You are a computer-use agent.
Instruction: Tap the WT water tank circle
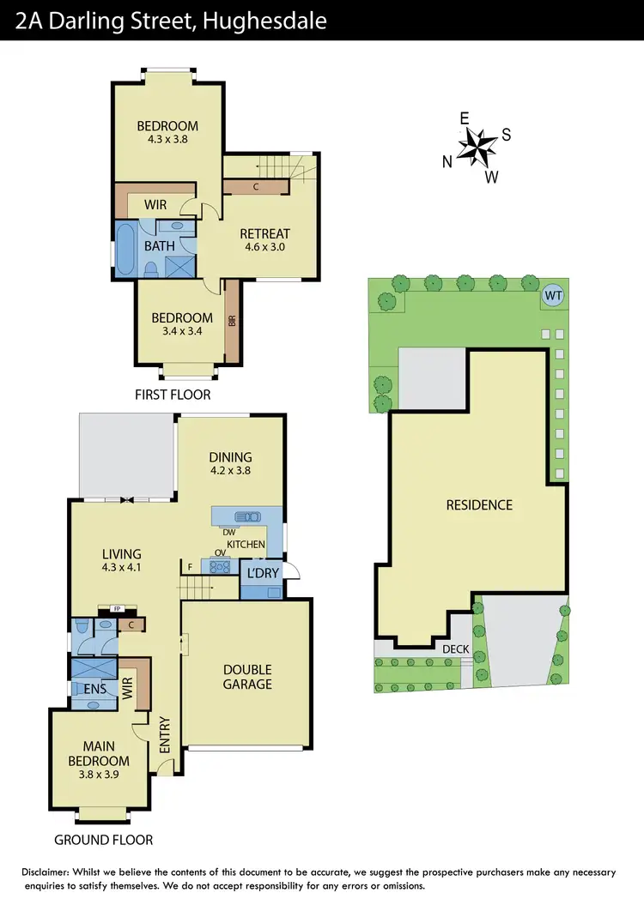pyautogui.click(x=552, y=297)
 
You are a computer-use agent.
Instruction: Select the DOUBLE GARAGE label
pyautogui.click(x=247, y=676)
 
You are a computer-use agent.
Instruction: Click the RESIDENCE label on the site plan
pyautogui.click(x=479, y=504)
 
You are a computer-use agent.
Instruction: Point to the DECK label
pyautogui.click(x=455, y=649)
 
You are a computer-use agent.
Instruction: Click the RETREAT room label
pyautogui.click(x=264, y=233)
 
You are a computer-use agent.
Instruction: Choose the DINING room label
pyautogui.click(x=230, y=457)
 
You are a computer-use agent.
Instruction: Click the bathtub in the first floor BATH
pyautogui.click(x=126, y=249)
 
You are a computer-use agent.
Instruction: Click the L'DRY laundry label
pyautogui.click(x=263, y=572)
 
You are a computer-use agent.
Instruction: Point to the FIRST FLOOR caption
pyautogui.click(x=172, y=395)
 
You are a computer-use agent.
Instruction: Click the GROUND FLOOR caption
pyautogui.click(x=103, y=840)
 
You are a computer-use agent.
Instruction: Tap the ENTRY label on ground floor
pyautogui.click(x=165, y=734)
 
